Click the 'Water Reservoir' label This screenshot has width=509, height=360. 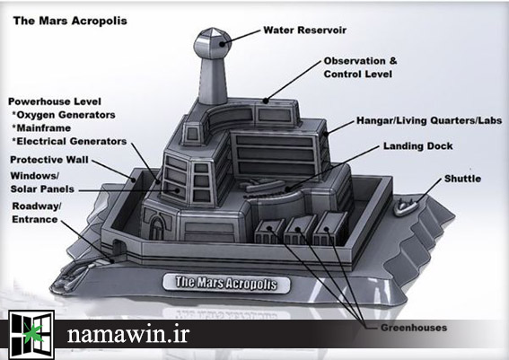coord(305,31)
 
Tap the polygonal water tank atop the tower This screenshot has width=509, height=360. coord(212,43)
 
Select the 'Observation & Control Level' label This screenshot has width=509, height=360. coord(360,67)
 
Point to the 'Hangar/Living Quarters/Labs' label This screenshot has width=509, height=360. coord(429,121)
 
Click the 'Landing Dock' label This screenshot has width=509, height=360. coord(417,146)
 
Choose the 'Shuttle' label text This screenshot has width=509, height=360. coord(462,179)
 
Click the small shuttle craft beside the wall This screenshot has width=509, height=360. coord(405,206)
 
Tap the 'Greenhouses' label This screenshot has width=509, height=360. coord(414,328)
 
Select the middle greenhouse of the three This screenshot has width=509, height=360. coord(299,230)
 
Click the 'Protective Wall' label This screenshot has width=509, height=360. coord(49,160)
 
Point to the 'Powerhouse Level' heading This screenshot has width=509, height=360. coord(55,101)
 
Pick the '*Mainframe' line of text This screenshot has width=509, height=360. coord(41,127)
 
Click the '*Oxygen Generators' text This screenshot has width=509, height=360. coord(64,115)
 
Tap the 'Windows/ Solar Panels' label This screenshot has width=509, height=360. coord(42,182)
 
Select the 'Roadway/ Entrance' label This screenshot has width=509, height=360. coord(36,213)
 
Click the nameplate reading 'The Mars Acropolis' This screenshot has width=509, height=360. coord(226,283)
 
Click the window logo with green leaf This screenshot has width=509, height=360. coord(31,334)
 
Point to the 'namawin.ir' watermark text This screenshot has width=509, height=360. coord(127,334)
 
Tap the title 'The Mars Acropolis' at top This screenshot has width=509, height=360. coord(70,22)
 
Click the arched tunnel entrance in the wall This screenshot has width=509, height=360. coord(118,249)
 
